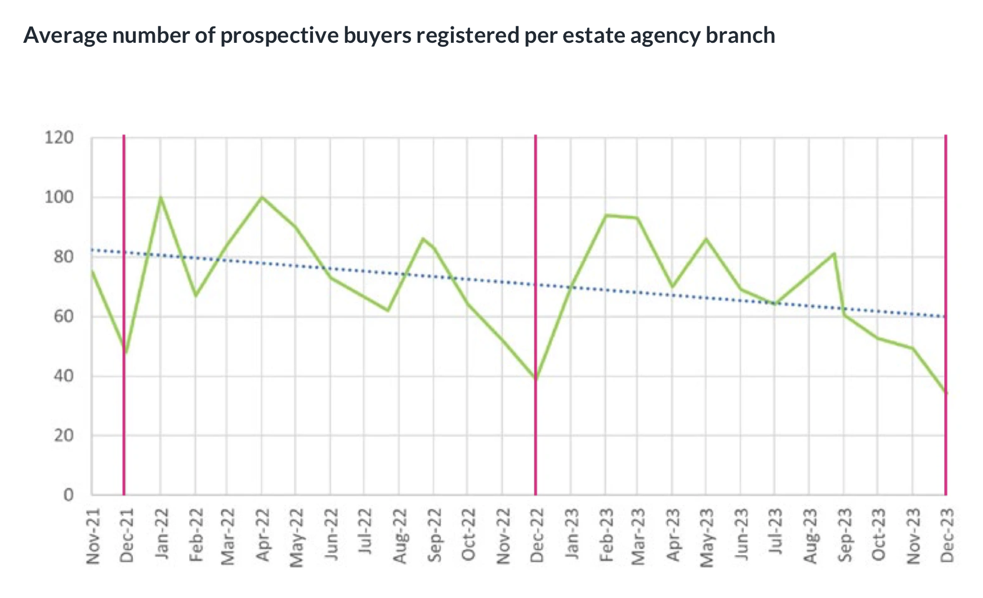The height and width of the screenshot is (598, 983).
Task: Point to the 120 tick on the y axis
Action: [59, 137]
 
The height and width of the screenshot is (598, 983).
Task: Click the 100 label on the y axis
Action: [59, 197]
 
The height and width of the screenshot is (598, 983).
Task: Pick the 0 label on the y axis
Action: [68, 495]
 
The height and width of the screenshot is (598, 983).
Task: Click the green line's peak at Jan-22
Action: [160, 198]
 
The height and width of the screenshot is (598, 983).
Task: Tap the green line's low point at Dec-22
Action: [535, 379]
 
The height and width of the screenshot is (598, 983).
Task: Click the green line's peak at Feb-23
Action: [606, 215]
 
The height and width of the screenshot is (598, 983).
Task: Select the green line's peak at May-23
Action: [706, 239]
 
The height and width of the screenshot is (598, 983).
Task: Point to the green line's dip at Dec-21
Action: [126, 352]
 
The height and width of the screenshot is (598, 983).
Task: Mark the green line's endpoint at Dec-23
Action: [946, 392]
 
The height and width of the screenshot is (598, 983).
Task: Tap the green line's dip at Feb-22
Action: [195, 296]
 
